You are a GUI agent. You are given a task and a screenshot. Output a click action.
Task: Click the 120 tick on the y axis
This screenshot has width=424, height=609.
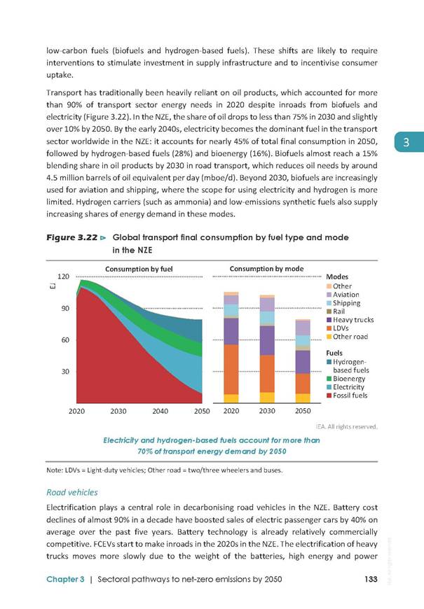[x=63, y=276]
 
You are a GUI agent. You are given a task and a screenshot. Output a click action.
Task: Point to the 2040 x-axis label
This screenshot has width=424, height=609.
[x=160, y=411]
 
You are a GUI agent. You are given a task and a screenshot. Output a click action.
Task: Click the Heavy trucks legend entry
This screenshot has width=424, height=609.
[x=350, y=320]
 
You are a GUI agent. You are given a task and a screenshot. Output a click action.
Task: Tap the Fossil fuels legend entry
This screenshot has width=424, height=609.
[x=347, y=395]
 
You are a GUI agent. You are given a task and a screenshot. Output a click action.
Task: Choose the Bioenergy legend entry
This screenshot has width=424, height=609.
[x=346, y=379]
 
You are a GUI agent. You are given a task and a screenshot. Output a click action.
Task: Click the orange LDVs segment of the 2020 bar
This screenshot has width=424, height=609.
[x=231, y=370]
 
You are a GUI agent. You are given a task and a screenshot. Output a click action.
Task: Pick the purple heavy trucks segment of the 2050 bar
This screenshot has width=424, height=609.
[x=303, y=362]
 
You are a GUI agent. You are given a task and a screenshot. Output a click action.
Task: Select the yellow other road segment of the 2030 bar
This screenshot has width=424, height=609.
[x=267, y=398]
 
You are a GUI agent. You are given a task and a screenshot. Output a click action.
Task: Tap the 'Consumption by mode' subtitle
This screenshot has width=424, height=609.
[x=266, y=269]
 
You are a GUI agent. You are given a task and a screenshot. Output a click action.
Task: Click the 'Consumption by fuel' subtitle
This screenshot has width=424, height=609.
[x=139, y=269]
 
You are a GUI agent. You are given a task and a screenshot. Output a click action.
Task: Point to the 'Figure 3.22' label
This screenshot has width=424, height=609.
[x=72, y=237]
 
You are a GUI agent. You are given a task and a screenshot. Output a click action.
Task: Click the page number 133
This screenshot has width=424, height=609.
[x=371, y=579]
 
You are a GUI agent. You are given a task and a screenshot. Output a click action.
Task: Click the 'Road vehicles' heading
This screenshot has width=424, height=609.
[x=72, y=493]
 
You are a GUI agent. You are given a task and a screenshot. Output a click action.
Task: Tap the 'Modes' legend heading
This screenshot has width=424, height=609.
[x=337, y=276]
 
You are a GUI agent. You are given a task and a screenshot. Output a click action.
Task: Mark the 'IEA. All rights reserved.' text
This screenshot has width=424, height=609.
[x=347, y=426]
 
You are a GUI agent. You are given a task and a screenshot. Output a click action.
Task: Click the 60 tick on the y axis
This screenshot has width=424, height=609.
[x=65, y=339]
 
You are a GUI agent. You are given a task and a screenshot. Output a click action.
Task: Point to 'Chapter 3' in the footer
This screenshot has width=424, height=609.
[x=65, y=579]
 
